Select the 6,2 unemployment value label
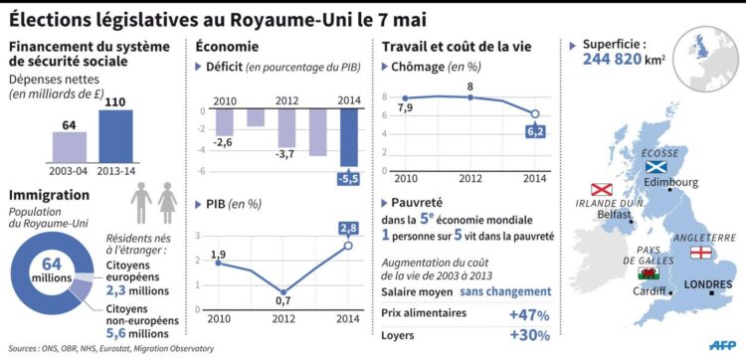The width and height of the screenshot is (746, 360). (x=534, y=131)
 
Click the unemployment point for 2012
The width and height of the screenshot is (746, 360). (x=470, y=97)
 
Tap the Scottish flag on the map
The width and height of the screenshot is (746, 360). (x=659, y=167)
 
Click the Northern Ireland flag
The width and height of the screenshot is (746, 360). (x=601, y=189)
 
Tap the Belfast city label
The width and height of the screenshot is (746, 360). (x=616, y=214)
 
